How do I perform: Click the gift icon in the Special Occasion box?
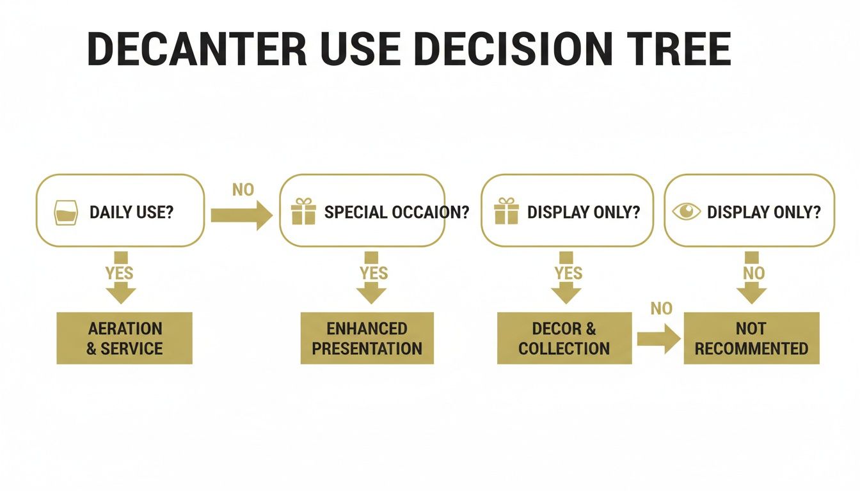303,212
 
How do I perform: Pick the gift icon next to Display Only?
506,212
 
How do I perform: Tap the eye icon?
687,212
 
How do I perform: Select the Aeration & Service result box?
124,338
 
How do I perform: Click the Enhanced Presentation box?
367,338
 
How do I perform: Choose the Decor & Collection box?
564,338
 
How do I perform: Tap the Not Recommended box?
751,338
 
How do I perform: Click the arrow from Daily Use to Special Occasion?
241,215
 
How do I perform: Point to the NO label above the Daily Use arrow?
243,190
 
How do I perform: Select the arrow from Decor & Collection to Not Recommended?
658,339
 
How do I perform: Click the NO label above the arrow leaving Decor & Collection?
661,309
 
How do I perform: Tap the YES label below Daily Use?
120,274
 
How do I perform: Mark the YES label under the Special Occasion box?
374,274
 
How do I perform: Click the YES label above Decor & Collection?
569,274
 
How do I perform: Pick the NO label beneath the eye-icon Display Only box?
753,274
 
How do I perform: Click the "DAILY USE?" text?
131,212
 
